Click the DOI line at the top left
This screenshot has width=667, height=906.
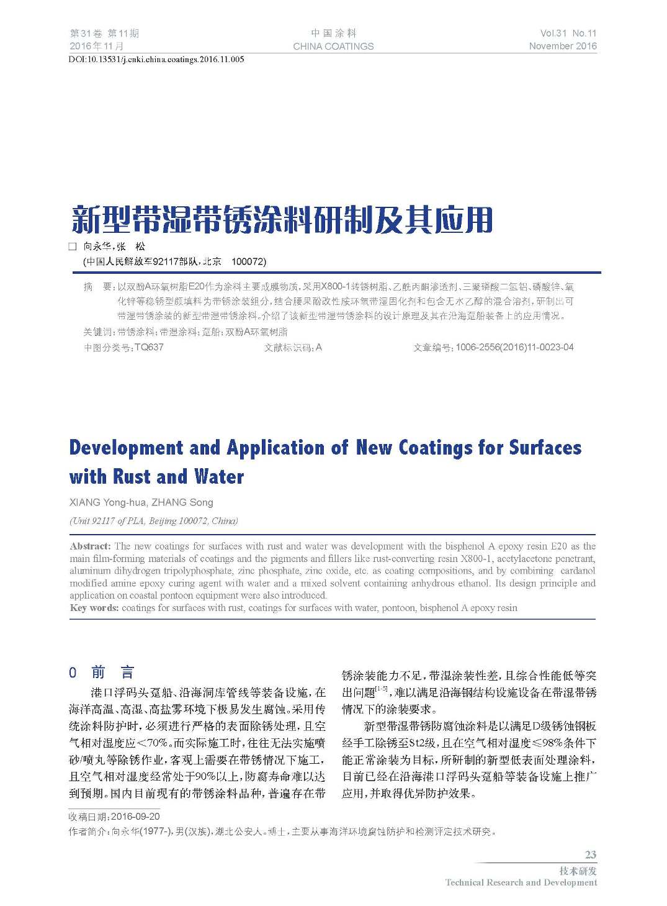tap(156, 60)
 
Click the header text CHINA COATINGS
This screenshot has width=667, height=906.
tap(333, 46)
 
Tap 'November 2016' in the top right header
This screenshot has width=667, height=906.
tap(563, 46)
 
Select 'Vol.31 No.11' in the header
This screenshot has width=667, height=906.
tap(568, 34)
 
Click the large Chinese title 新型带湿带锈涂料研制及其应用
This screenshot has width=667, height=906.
tap(282, 219)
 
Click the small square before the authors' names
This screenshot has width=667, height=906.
tap(73, 247)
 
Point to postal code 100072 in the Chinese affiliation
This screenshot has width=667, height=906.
tap(248, 261)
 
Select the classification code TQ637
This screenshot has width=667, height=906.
tap(149, 347)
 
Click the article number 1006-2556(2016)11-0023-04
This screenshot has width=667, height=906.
tap(514, 347)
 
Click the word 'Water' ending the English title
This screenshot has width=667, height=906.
tap(219, 477)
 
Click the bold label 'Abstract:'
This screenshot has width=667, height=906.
tap(91, 546)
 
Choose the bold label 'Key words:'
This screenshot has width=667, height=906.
tap(94, 607)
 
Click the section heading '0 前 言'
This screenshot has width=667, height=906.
tap(102, 673)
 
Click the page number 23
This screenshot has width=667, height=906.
tap(590, 855)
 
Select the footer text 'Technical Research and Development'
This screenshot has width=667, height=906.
tap(521, 882)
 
